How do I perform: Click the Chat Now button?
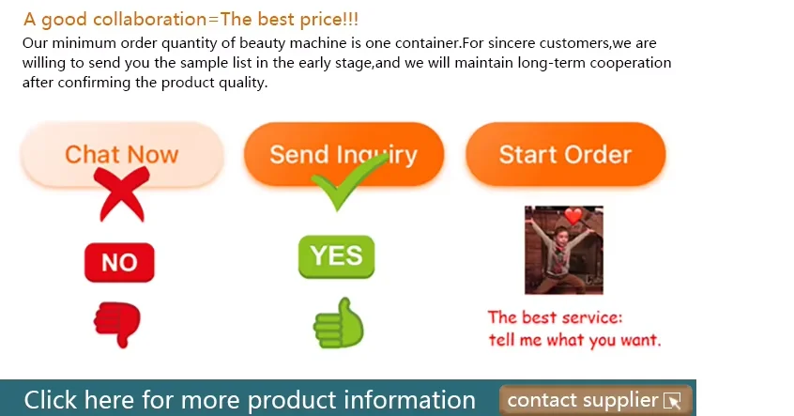click(121, 154)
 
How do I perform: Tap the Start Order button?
click(565, 154)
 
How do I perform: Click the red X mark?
click(122, 194)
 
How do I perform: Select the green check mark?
click(349, 181)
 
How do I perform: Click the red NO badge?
click(119, 263)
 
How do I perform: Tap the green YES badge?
click(337, 256)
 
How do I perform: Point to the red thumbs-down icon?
click(117, 324)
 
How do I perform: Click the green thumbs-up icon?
click(338, 323)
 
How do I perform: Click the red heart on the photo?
click(573, 216)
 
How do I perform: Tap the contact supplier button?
click(595, 400)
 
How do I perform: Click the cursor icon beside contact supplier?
click(673, 401)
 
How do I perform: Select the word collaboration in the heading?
click(150, 20)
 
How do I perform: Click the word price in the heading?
click(321, 21)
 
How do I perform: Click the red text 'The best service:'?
click(555, 317)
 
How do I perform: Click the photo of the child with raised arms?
click(564, 250)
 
